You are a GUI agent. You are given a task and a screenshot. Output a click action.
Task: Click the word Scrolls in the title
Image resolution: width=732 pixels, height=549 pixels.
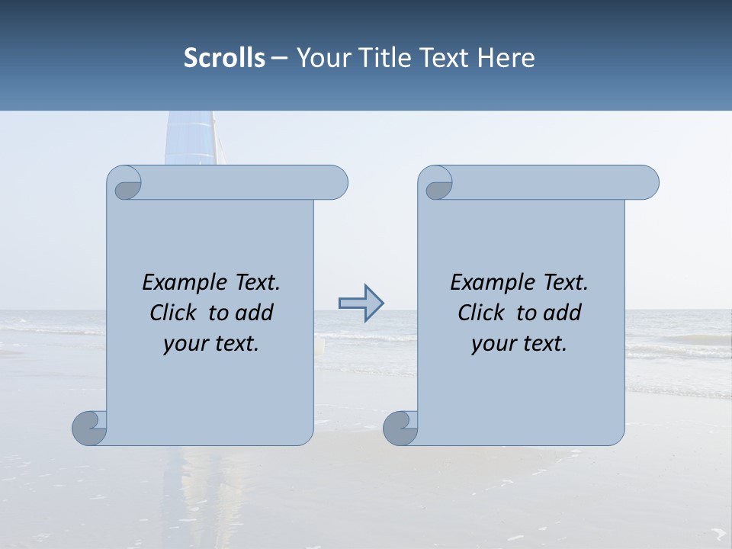[x=224, y=58]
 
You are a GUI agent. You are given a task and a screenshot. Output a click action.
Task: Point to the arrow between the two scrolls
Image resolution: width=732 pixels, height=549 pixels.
[x=361, y=303]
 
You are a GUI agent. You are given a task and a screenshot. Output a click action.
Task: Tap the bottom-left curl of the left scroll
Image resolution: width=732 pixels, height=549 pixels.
[x=89, y=428]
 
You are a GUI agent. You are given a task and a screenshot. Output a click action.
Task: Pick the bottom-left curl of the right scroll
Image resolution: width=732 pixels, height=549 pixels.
[x=400, y=428]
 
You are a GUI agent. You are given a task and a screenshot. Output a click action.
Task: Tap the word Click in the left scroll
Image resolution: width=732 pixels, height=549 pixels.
[x=176, y=313]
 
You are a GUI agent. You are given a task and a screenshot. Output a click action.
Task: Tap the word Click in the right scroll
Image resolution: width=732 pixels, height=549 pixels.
[x=484, y=313]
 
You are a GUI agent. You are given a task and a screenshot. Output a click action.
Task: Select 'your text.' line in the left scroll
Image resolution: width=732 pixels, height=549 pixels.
[x=211, y=343]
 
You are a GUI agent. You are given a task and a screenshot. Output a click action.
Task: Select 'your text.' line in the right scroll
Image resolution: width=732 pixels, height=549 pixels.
[x=519, y=343]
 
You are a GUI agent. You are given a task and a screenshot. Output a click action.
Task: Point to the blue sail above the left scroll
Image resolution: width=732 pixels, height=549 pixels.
[x=188, y=137]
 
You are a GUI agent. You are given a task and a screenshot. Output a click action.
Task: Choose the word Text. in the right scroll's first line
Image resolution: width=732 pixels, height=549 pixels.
[x=565, y=283]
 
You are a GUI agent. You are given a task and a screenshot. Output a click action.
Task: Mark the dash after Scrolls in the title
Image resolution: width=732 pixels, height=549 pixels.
[x=279, y=58]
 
